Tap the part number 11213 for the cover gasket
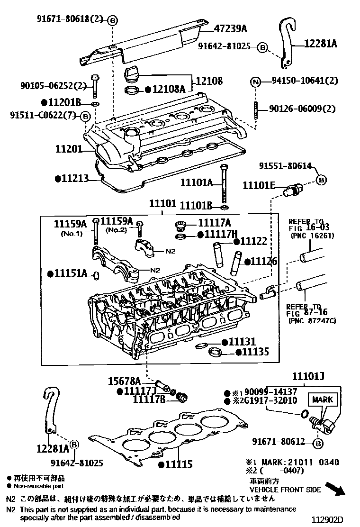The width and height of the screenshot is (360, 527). [x=75, y=179]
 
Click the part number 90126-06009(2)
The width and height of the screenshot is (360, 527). [x=302, y=109]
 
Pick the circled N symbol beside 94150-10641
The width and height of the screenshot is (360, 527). [x=255, y=82]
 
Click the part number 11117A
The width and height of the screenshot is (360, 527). [x=214, y=222]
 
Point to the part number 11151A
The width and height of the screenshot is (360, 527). [x=71, y=273]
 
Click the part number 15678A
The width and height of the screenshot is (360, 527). [x=124, y=381]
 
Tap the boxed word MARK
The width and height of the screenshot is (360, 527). [x=323, y=400]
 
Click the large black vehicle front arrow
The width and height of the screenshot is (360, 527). [x=339, y=489]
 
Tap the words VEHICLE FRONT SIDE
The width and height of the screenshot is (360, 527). [x=285, y=490]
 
